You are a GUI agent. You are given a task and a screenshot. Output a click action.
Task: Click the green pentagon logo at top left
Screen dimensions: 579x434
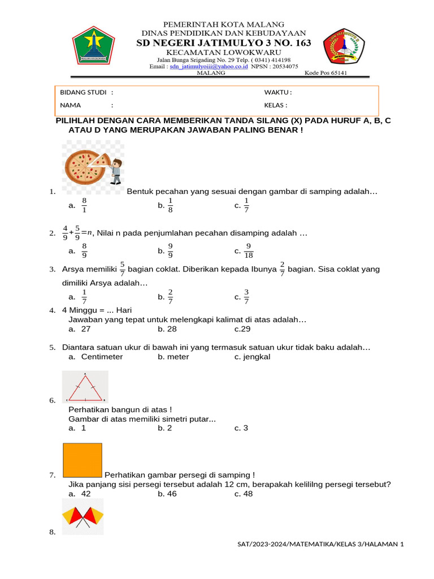93,46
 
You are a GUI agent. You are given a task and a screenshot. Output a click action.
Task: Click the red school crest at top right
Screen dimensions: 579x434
344,46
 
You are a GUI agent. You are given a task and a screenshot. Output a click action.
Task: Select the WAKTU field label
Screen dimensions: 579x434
277,92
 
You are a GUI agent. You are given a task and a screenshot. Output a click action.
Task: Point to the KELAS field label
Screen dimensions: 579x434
275,105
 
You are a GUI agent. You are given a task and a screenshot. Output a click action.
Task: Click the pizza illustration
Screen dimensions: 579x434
85,167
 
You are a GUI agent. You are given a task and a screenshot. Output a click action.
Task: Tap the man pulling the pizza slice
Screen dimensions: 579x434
116,171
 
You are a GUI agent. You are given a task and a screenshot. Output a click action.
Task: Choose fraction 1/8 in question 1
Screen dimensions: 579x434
170,206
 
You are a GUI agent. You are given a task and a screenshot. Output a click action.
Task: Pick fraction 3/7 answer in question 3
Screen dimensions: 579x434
246,296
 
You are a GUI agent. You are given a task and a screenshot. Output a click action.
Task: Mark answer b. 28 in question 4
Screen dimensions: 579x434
167,329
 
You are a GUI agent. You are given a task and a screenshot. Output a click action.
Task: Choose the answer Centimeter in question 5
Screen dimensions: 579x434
102,357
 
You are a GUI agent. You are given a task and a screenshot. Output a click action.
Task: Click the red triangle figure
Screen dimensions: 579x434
85,387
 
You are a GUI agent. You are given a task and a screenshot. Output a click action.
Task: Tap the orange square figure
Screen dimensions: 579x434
83,460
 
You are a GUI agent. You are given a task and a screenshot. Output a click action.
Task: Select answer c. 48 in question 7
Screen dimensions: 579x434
244,494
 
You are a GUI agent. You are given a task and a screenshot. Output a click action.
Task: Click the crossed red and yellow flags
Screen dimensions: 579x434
83,518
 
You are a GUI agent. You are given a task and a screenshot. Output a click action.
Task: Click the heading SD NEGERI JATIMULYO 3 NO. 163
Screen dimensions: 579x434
224,43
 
